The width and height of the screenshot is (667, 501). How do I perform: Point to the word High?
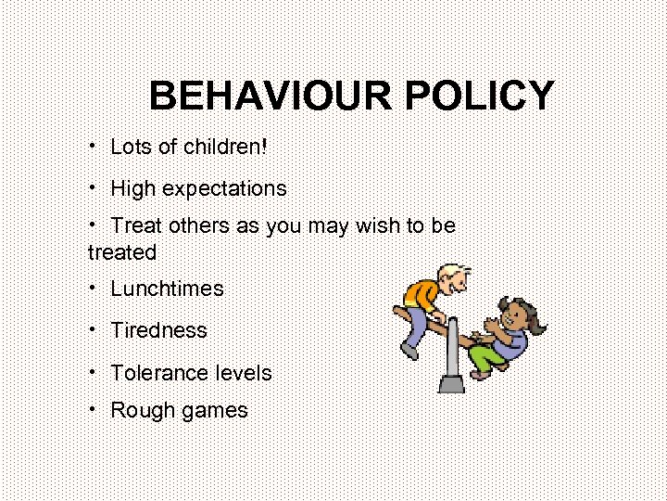click(x=133, y=188)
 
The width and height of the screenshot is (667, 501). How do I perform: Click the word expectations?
click(x=224, y=189)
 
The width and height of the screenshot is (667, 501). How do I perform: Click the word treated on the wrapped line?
click(x=122, y=251)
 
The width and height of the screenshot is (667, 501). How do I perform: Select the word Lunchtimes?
click(x=167, y=289)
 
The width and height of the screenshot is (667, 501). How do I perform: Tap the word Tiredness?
click(x=158, y=330)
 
